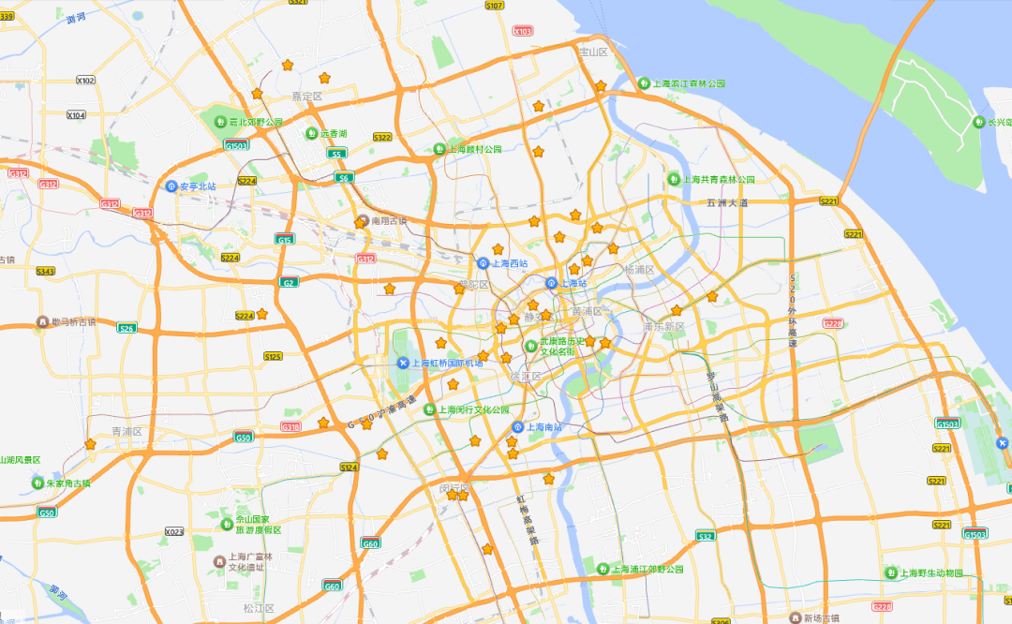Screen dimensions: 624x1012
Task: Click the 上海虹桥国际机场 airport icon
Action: click(403, 363)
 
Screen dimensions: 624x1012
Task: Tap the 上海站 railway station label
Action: click(573, 282)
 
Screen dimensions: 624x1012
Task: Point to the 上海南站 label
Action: click(544, 427)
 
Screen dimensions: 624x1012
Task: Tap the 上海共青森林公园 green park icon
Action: click(674, 179)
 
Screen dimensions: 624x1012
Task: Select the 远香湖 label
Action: click(334, 133)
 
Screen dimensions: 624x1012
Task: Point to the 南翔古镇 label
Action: click(389, 221)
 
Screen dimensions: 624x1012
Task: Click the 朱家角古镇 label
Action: click(67, 483)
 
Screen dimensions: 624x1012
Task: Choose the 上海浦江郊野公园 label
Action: click(649, 568)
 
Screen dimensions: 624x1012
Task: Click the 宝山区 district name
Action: click(593, 52)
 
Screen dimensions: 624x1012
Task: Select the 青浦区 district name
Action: click(126, 432)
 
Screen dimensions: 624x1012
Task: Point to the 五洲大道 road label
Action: click(728, 202)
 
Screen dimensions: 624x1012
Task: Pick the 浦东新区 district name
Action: click(663, 327)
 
